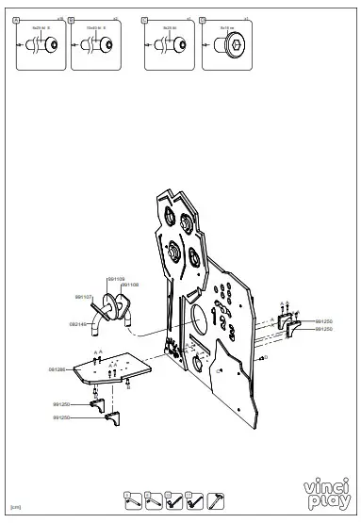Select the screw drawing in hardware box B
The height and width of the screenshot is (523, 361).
pos(94,44)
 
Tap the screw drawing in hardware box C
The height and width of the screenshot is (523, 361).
pos(169,44)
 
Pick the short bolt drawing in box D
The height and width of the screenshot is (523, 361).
pos(226,44)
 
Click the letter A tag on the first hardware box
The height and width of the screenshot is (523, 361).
pos(15,18)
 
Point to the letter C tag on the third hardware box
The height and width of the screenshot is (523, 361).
pos(144,18)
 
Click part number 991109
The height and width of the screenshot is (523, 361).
pos(115,279)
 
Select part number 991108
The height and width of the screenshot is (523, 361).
pos(130,284)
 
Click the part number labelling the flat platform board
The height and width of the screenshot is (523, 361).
pos(57,369)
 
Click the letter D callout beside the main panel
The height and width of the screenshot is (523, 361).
pos(266,357)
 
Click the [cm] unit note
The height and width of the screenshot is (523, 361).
pos(15,507)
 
